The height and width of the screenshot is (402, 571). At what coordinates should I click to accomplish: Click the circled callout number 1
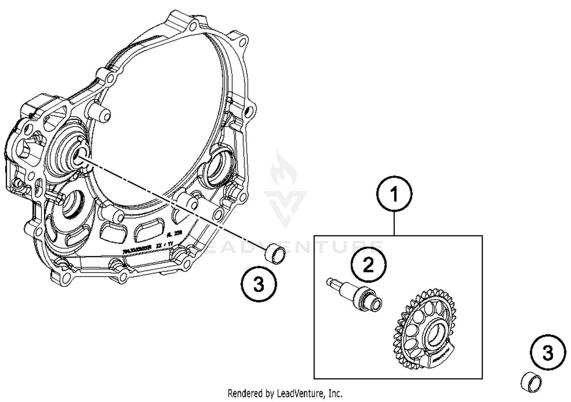click(x=394, y=194)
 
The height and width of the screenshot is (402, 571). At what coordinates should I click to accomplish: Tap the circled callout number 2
click(x=368, y=265)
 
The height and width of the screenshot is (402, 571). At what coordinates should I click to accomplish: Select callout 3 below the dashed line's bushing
click(x=259, y=284)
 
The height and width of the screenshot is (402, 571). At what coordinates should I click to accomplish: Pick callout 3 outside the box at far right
click(x=548, y=353)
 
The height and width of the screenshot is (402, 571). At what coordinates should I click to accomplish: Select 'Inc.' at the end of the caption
click(x=335, y=393)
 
